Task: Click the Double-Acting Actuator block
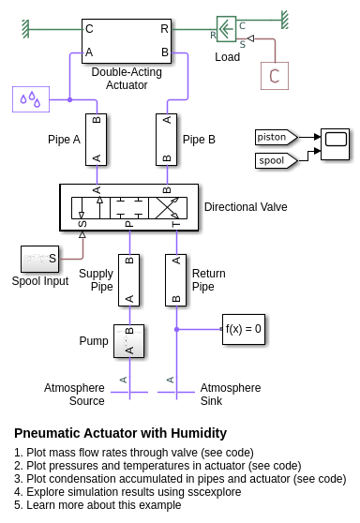pos(127,41)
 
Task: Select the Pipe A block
pos(96,140)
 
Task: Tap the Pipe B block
pos(167,140)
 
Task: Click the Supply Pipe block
pos(128,280)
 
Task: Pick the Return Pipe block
pos(176,280)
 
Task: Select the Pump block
pos(128,341)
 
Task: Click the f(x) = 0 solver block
pos(244,329)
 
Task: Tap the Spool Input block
pos(39,259)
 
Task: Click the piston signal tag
pos(277,137)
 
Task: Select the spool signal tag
pos(277,160)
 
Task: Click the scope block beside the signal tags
pos(336,144)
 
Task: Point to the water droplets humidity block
pos(31,99)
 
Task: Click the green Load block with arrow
pos(227,29)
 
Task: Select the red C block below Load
pos(275,76)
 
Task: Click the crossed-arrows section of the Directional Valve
pos(168,208)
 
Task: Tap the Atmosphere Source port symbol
pos(129,392)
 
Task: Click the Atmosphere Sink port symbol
pos(176,392)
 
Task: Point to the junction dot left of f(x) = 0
pos(177,329)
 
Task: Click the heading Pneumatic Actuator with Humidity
pos(120,433)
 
